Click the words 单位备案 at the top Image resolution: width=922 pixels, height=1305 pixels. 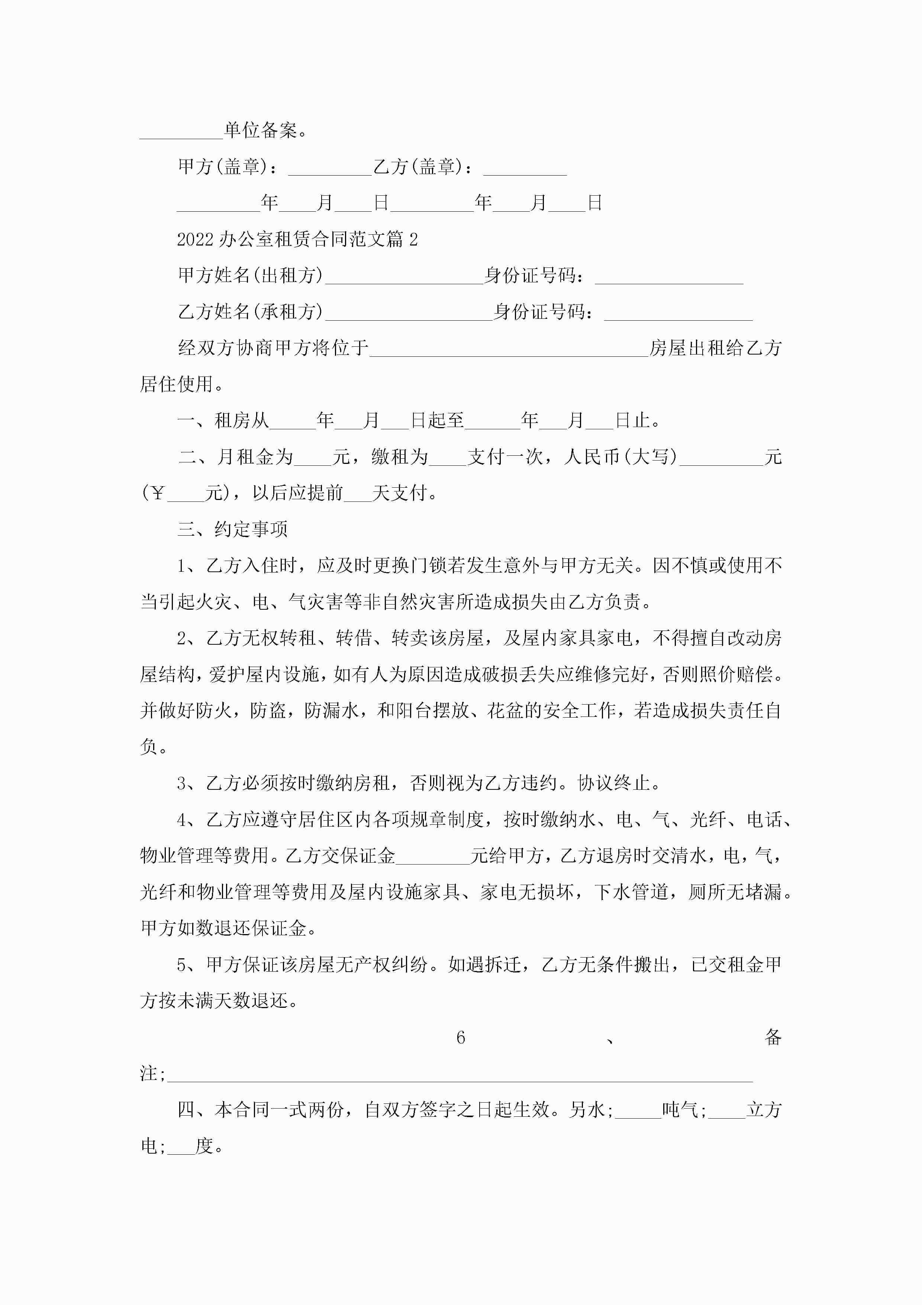(x=260, y=131)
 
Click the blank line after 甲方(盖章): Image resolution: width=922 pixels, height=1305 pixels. (x=329, y=170)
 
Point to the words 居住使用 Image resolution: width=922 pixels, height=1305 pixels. (x=176, y=384)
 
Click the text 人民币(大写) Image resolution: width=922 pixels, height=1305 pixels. (x=620, y=457)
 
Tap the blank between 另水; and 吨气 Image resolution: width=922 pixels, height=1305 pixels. (x=638, y=1114)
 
